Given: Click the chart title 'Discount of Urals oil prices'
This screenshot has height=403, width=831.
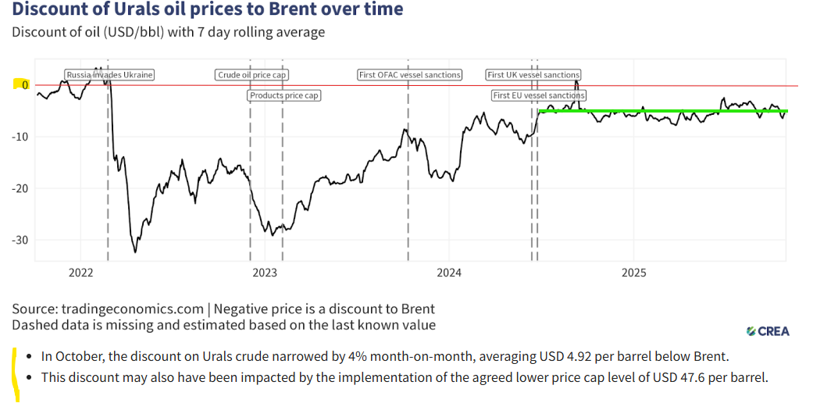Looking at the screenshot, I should pos(208,10).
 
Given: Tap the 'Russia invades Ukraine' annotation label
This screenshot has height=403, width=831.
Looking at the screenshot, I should pos(109,75).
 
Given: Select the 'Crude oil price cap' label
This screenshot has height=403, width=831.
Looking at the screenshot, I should pos(252,75).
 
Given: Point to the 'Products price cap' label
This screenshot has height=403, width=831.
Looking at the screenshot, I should pos(285,95).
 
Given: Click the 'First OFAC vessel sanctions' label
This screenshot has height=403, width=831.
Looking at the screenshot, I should pos(410,75).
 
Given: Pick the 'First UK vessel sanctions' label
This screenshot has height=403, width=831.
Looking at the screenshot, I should pos(533,75).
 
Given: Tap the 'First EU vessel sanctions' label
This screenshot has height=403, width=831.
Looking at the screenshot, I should pos(539,95).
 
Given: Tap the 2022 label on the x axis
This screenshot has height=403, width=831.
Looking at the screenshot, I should pos(81,273).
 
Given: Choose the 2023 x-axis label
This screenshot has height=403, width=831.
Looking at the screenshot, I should pos(265,273).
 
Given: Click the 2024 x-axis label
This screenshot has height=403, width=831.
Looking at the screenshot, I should pos(449,273).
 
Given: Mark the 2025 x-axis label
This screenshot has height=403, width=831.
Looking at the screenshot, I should pos(633,273).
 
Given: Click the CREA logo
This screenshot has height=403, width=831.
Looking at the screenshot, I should pos(768,331).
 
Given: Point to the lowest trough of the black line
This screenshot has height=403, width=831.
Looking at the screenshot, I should pos(135,251).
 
